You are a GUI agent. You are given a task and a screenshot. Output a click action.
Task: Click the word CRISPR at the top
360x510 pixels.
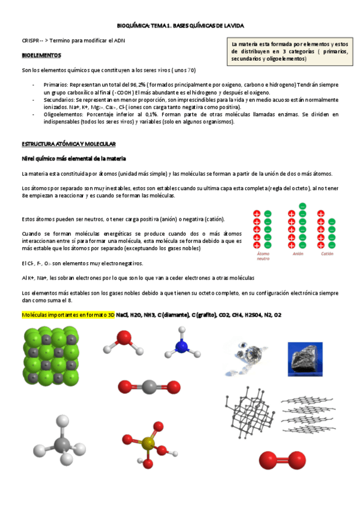[29, 40]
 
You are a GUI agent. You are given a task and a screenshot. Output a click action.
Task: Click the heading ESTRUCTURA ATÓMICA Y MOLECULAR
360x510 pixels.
[72, 145]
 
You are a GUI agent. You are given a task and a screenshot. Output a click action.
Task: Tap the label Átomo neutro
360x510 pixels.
[263, 256]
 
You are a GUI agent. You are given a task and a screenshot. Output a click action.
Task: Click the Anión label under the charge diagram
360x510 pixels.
[297, 254]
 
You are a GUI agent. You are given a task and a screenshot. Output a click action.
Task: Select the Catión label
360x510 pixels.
[327, 254]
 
